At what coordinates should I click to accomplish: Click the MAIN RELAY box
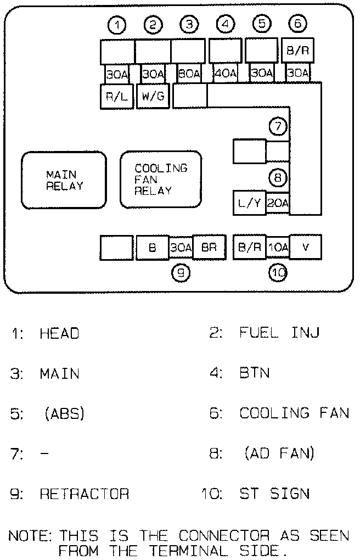[64, 180]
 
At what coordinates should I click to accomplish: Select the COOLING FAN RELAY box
[161, 180]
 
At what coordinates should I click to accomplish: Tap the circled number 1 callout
[117, 25]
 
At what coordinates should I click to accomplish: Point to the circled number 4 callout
[225, 25]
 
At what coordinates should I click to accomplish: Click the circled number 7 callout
[278, 127]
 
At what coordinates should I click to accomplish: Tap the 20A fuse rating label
[278, 203]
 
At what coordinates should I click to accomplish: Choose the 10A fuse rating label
[278, 248]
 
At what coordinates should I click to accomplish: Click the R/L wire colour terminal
[117, 98]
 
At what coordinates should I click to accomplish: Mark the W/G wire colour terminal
[153, 98]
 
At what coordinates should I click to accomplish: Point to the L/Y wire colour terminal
[249, 203]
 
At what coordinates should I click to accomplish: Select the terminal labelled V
[306, 248]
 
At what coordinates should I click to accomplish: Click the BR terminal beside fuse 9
[209, 248]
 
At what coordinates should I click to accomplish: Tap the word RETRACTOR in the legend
[84, 494]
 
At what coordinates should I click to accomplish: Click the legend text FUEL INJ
[279, 333]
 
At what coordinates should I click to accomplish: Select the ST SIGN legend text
[274, 494]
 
